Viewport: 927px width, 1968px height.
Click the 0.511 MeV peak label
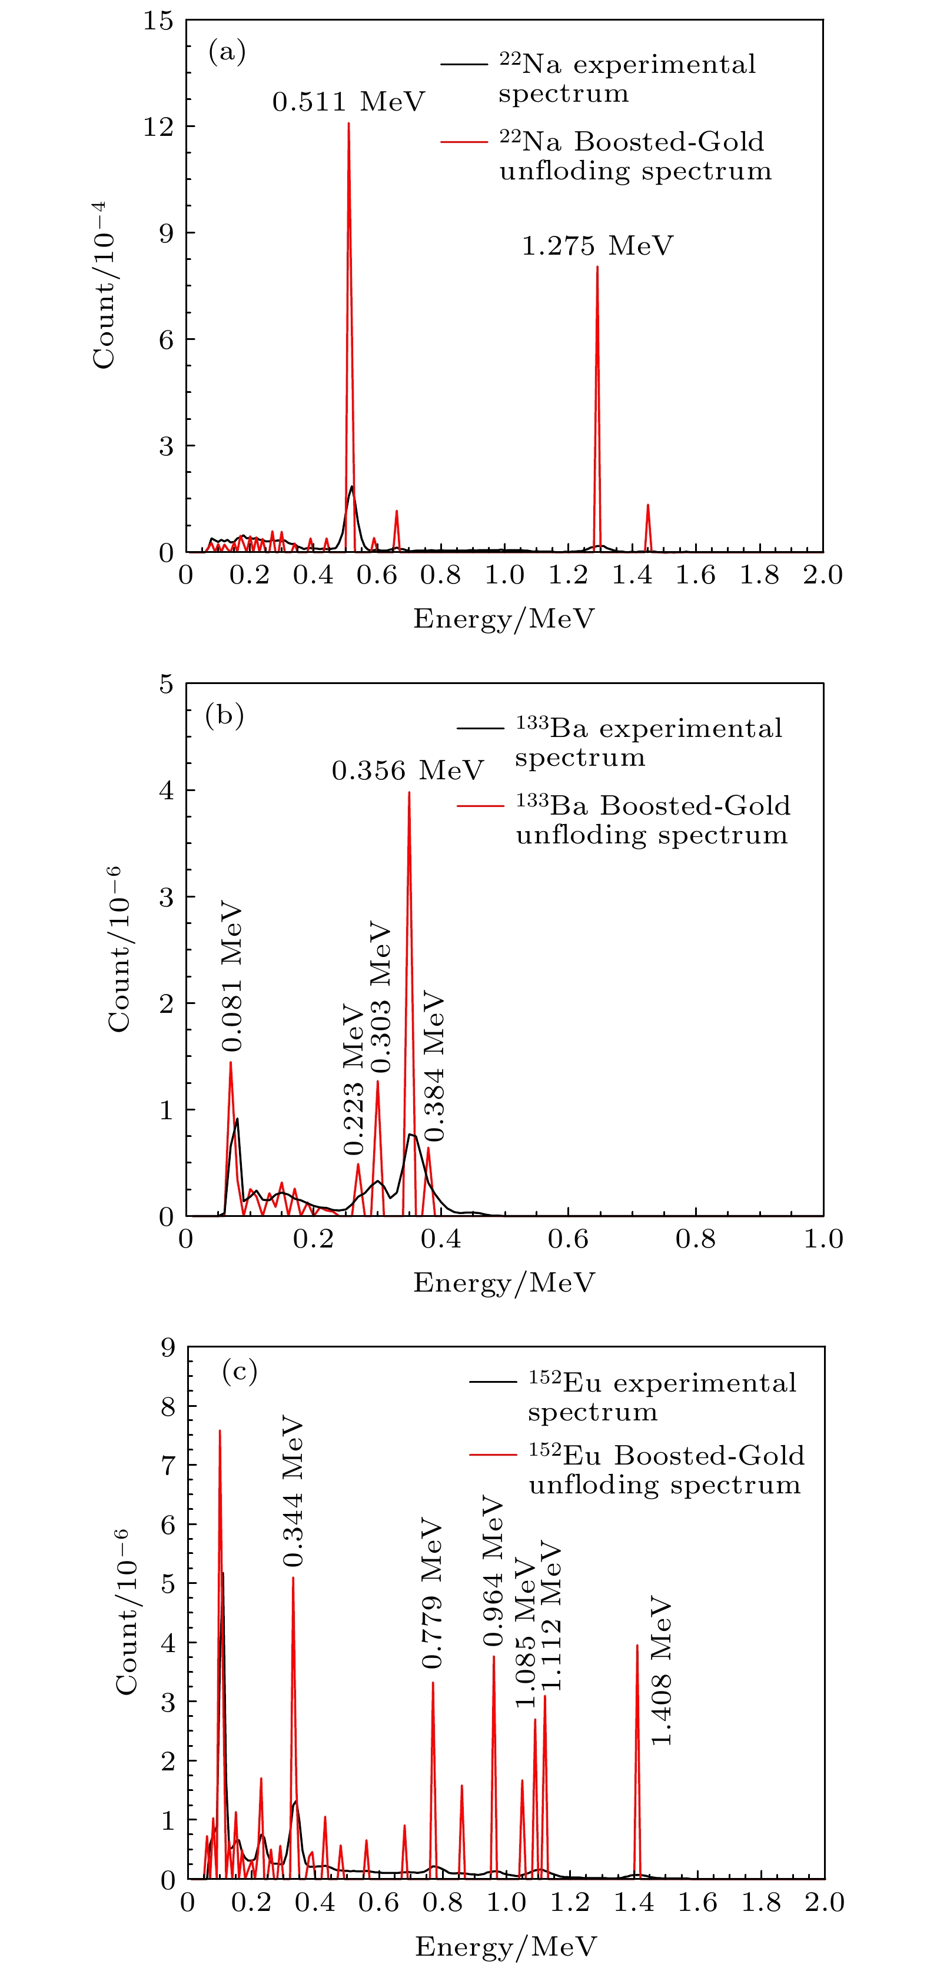[348, 102]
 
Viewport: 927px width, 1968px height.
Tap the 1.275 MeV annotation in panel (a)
[597, 246]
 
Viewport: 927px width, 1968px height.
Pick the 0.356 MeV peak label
[407, 770]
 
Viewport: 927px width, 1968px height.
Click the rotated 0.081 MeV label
[231, 979]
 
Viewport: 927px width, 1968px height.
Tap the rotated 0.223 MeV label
[354, 1079]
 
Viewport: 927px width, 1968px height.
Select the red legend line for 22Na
[464, 142]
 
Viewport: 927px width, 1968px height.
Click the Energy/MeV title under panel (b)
[504, 1283]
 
